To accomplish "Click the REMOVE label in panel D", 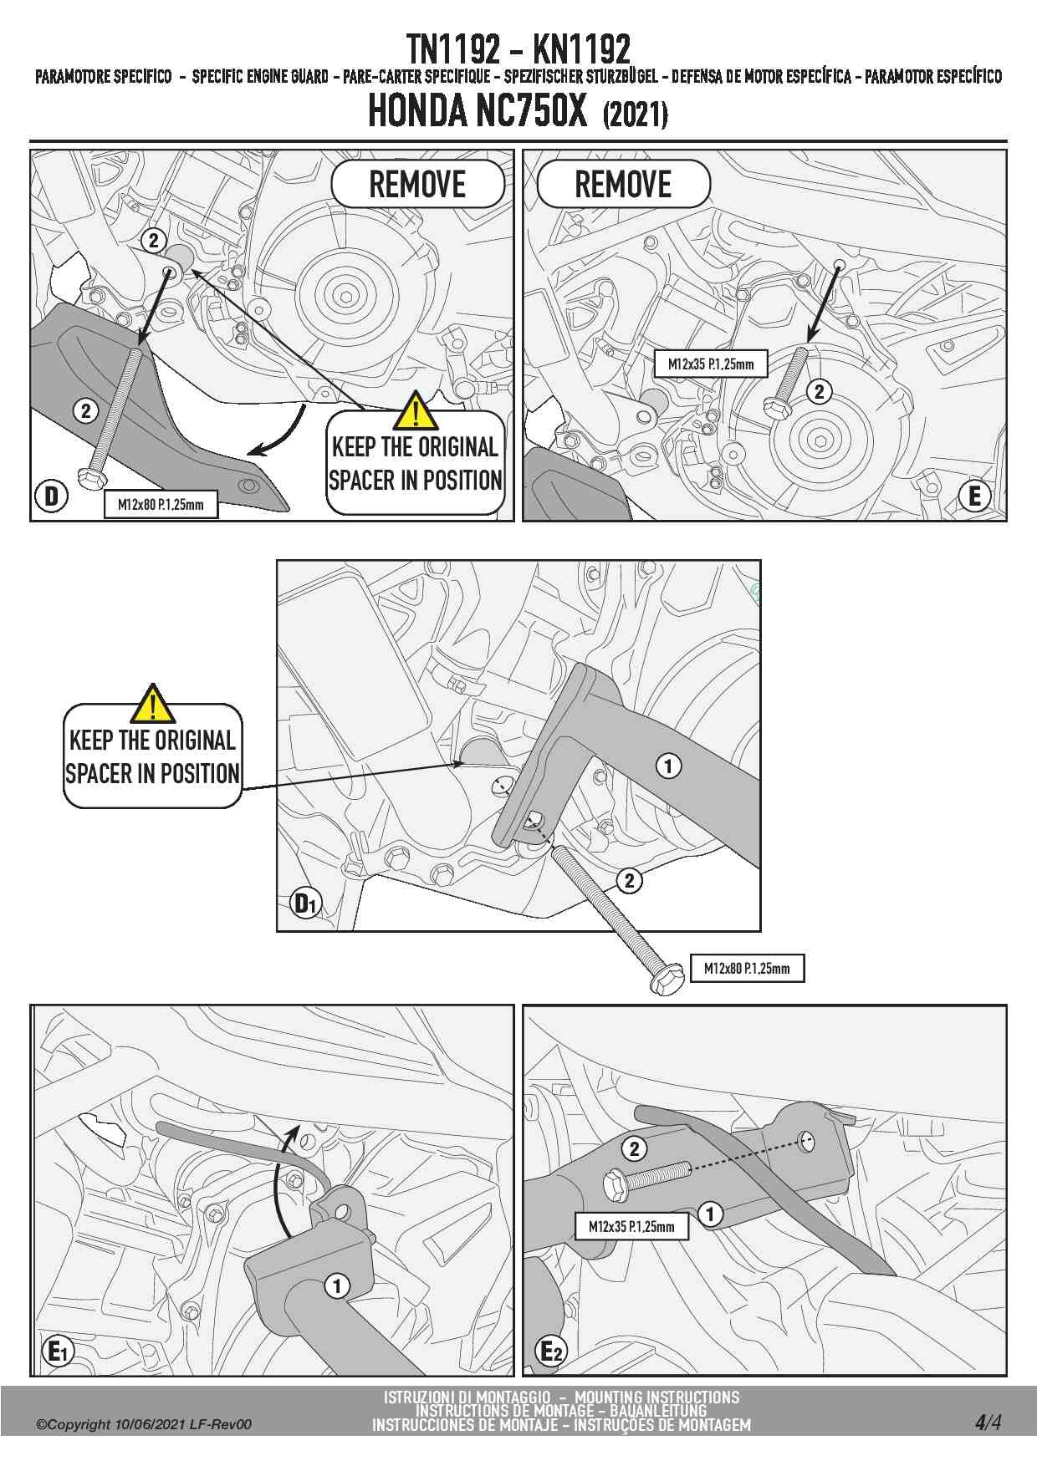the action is click(417, 184).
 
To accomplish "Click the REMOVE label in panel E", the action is click(623, 184).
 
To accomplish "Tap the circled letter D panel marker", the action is click(51, 496).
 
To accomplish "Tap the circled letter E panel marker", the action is click(974, 496).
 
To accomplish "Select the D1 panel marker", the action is click(305, 903).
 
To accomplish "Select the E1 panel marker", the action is click(59, 1350).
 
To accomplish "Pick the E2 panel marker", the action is click(551, 1350).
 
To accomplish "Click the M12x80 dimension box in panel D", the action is click(161, 504).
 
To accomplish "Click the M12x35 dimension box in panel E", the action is click(711, 364).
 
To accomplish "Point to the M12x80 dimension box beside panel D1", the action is click(747, 968).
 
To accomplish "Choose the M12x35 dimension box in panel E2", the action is click(631, 1226).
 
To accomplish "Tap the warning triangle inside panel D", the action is click(415, 410).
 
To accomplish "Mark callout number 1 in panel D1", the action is click(668, 766).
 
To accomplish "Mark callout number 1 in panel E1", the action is click(337, 1285).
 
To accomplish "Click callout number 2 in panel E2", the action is click(634, 1148).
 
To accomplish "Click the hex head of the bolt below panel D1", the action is click(667, 980).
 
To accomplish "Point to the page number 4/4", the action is click(988, 1422).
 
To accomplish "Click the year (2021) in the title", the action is click(635, 115).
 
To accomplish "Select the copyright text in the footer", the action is click(143, 1424).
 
